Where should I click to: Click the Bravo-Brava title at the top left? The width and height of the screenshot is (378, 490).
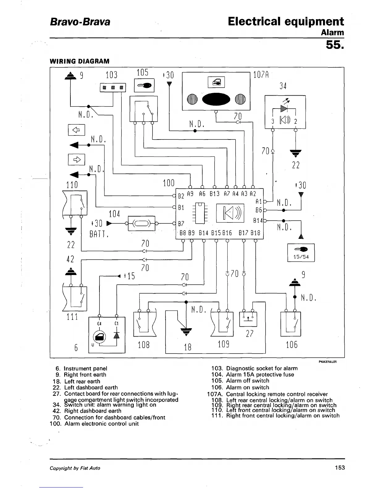[80, 22]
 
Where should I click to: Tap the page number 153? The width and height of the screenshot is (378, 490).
[340, 467]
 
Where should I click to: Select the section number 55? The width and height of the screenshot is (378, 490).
[335, 45]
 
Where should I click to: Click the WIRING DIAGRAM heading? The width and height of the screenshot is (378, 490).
[79, 61]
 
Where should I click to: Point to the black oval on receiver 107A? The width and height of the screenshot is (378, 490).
[216, 99]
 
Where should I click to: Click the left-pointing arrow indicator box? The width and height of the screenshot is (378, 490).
[77, 130]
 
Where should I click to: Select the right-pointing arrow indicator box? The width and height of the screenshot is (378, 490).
[77, 160]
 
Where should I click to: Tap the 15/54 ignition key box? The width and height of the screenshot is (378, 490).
[301, 253]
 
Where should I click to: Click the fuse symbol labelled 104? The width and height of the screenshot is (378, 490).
[142, 223]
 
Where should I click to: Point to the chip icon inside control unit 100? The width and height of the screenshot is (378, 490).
[200, 213]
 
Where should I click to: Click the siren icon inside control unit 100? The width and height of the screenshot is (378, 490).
[230, 213]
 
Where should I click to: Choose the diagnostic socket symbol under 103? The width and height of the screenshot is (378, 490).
[113, 88]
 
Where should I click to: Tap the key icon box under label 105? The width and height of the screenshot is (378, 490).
[144, 85]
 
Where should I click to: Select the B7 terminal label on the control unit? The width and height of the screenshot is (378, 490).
[181, 224]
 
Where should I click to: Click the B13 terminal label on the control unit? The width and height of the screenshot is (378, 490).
[215, 194]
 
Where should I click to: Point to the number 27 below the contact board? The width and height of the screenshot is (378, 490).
[250, 334]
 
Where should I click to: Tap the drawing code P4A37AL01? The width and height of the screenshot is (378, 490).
[328, 362]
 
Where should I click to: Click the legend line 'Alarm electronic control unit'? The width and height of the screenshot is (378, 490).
[102, 424]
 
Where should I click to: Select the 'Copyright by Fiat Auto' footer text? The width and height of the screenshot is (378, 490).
[75, 468]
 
